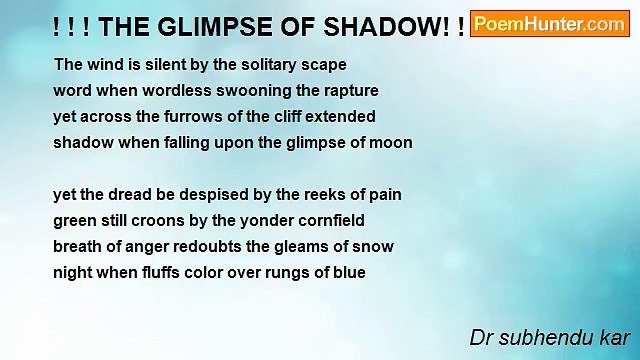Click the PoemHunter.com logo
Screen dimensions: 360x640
pos(549,24)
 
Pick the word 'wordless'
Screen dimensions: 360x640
pos(176,90)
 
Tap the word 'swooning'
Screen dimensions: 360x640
pos(251,90)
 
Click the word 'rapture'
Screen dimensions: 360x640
pos(351,90)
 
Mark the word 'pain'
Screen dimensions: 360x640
pos(384,194)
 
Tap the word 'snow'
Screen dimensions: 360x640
pos(375,246)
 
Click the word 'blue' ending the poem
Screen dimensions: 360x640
pos(349,272)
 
